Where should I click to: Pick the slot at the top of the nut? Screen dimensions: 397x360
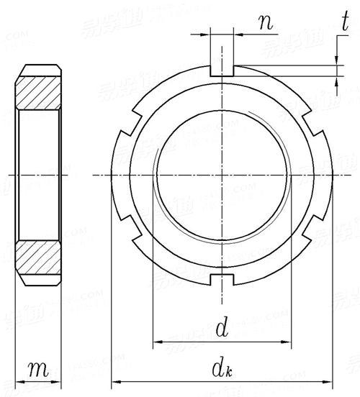(x=222, y=70)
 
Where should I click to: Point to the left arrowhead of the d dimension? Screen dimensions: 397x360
(x=157, y=341)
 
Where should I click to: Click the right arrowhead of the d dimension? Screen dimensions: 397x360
(x=290, y=341)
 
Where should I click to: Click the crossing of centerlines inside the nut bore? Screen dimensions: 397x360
(x=223, y=174)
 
